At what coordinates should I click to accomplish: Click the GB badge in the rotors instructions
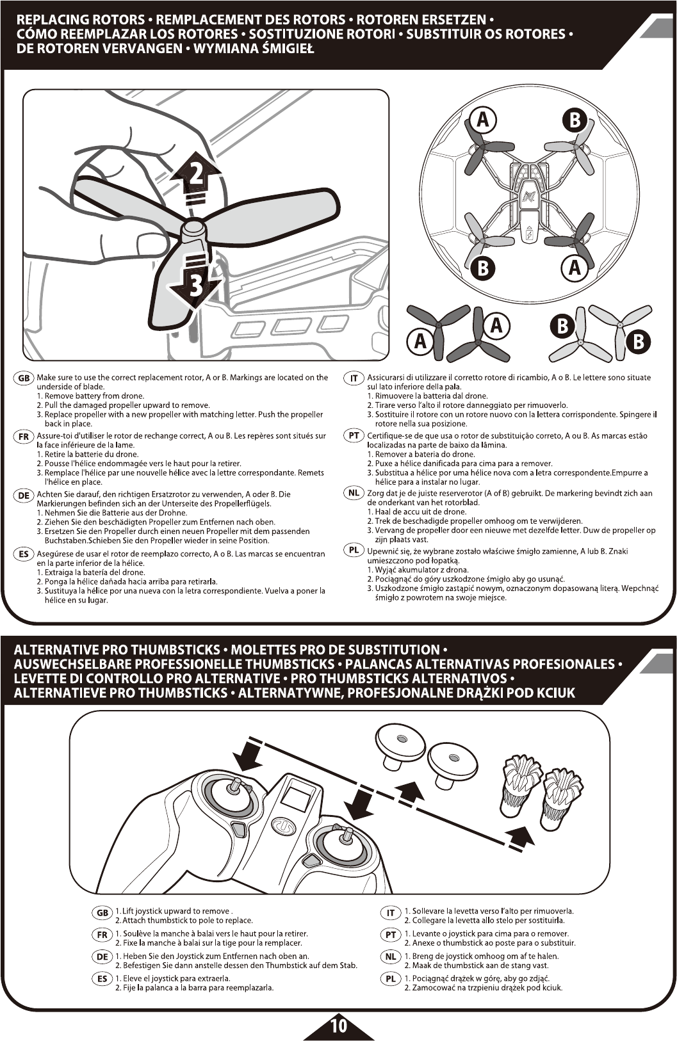24,378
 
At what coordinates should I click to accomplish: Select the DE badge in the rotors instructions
24,495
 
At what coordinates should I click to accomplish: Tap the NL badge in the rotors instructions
354,493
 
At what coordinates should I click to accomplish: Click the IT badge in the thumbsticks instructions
390,912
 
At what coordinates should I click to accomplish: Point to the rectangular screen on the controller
295,797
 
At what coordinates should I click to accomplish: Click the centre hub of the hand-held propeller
193,228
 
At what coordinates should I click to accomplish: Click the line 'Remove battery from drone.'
94,396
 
